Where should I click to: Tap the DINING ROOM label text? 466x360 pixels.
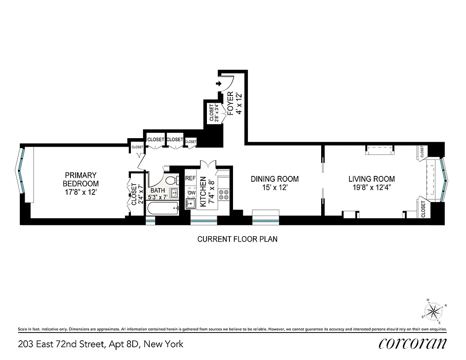pyautogui.click(x=274, y=179)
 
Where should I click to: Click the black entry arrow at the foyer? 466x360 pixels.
pyautogui.click(x=219, y=84)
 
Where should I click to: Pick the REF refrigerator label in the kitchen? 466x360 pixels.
pyautogui.click(x=191, y=179)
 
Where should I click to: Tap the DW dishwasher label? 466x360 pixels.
pyautogui.click(x=191, y=193)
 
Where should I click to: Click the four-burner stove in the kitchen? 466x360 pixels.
pyautogui.click(x=223, y=195)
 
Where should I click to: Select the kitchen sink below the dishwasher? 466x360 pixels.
pyautogui.click(x=191, y=204)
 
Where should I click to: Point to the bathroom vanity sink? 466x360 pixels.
pyautogui.click(x=175, y=194)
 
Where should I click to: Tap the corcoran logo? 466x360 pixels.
pyautogui.click(x=412, y=343)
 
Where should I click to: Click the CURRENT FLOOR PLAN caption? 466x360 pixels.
pyautogui.click(x=237, y=239)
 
